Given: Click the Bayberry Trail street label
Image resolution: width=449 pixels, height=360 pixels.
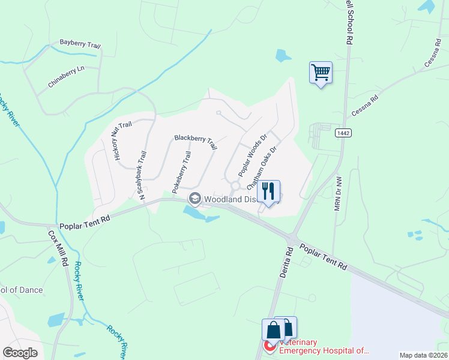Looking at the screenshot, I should (x=80, y=44).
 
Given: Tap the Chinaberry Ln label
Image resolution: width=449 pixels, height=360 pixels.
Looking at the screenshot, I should (x=67, y=76).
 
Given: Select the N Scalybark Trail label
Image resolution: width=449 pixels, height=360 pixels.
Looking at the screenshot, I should (x=142, y=175).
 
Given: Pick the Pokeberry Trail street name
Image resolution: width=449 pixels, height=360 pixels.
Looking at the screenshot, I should (x=181, y=172).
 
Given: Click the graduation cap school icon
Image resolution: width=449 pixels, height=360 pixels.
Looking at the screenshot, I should (x=195, y=198).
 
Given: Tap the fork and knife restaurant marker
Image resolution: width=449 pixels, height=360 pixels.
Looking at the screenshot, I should (x=269, y=191).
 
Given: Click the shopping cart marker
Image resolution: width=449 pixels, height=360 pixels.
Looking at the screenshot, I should (x=321, y=73).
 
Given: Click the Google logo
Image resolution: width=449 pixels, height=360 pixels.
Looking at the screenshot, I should (x=20, y=353).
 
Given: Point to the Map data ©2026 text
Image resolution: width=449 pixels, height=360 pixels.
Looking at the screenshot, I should (x=423, y=355).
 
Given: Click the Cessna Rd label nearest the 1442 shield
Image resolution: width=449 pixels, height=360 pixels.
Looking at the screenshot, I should (x=365, y=106).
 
